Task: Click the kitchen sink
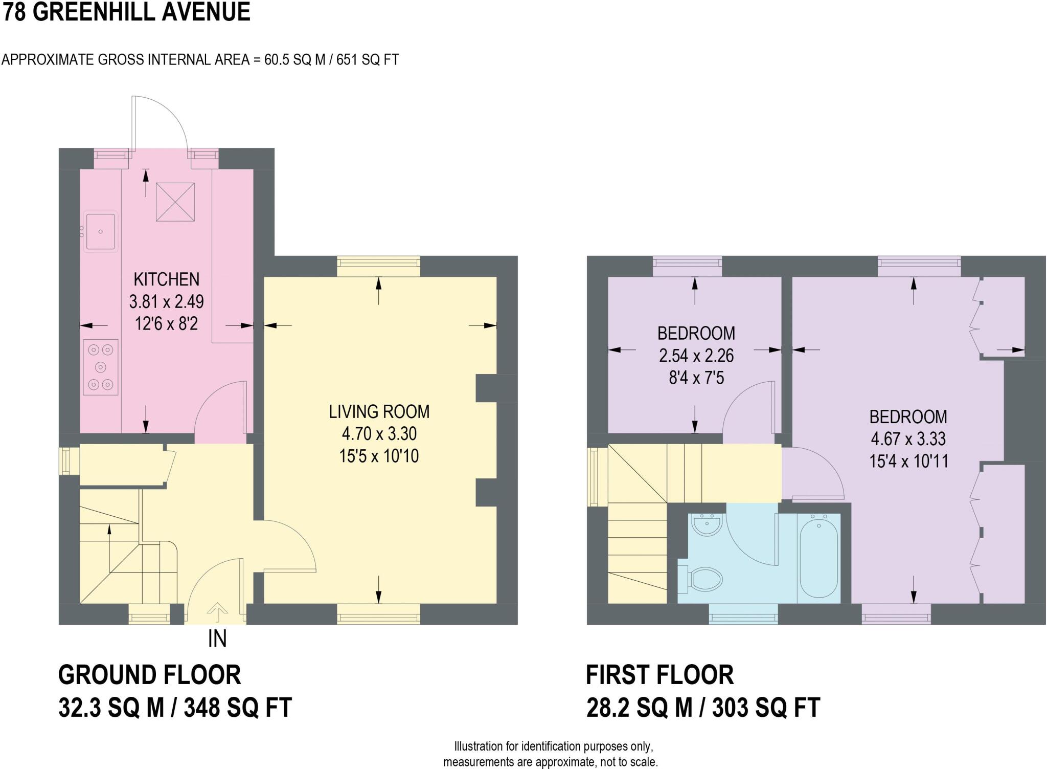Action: (x=101, y=231)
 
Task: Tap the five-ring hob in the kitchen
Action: (x=101, y=367)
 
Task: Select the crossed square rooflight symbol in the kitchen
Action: (x=175, y=202)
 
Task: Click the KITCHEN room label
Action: (x=166, y=279)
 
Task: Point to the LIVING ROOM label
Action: (x=379, y=411)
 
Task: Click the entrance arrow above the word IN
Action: (x=217, y=611)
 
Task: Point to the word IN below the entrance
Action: (x=217, y=639)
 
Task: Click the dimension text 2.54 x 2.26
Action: (x=696, y=356)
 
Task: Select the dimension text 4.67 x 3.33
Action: (x=908, y=439)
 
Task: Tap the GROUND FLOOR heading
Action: (x=149, y=675)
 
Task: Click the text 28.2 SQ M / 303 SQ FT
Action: (x=703, y=708)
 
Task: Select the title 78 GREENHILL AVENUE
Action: (x=126, y=12)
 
